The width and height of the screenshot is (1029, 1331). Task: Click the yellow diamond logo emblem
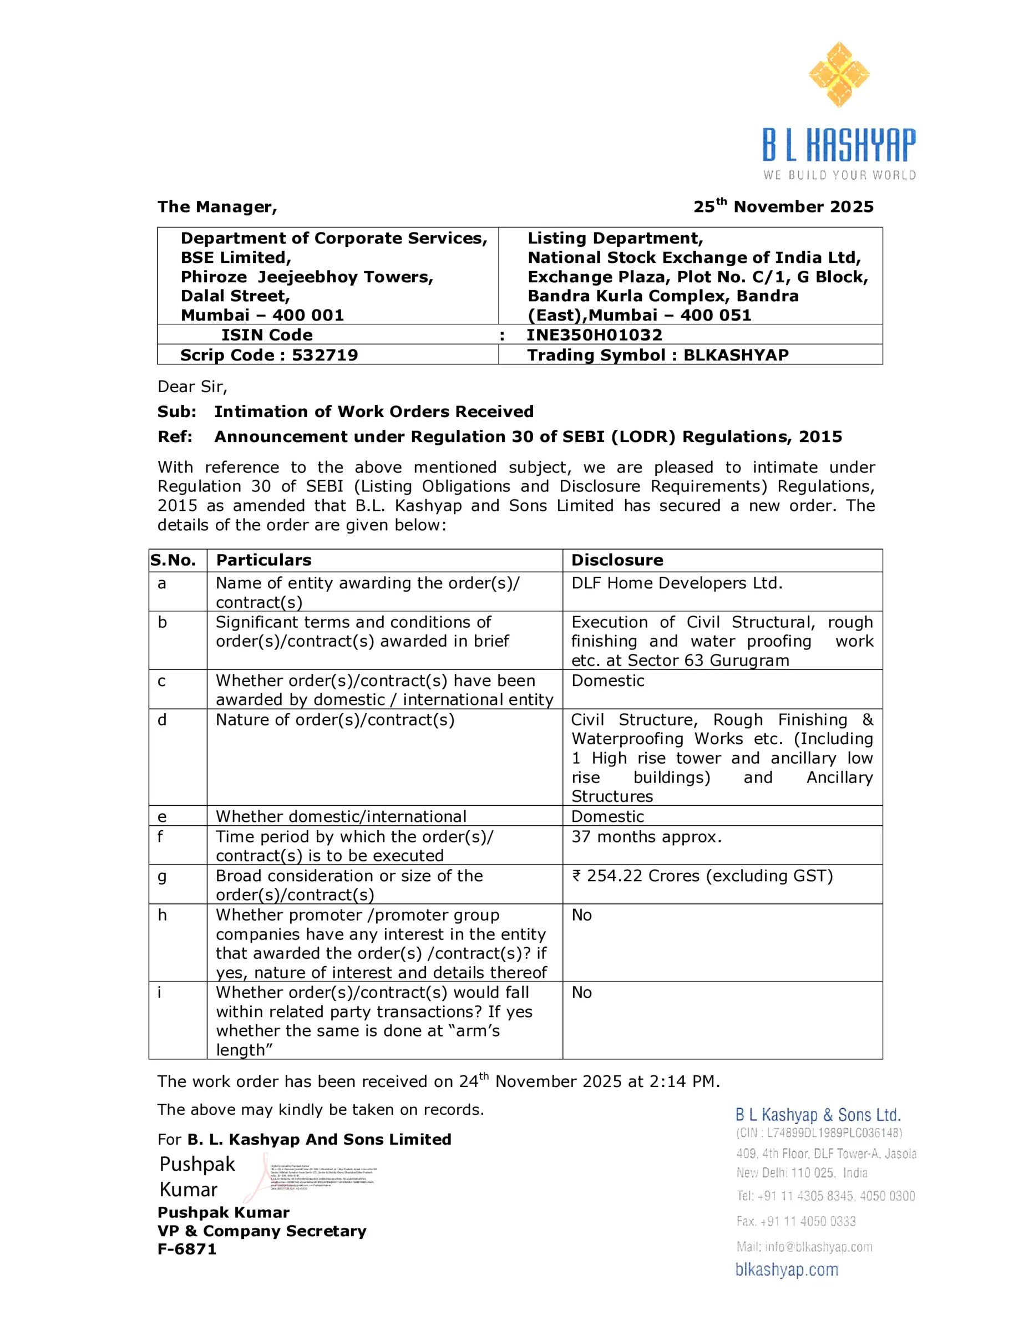point(839,74)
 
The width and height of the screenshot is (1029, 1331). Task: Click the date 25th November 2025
point(783,207)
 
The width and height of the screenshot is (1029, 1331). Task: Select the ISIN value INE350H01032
point(594,334)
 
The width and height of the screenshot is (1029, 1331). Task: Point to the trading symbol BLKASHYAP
point(735,355)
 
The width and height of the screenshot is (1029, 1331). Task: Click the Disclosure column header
point(617,560)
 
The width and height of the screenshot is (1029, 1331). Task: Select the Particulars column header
point(263,560)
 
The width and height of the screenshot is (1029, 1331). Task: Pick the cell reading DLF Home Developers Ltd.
point(676,583)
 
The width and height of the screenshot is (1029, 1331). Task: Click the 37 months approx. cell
point(646,836)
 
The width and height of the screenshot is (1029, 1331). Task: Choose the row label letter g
point(161,876)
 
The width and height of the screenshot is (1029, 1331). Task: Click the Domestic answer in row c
point(607,680)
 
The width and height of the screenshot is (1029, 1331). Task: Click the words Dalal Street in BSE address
point(235,296)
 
